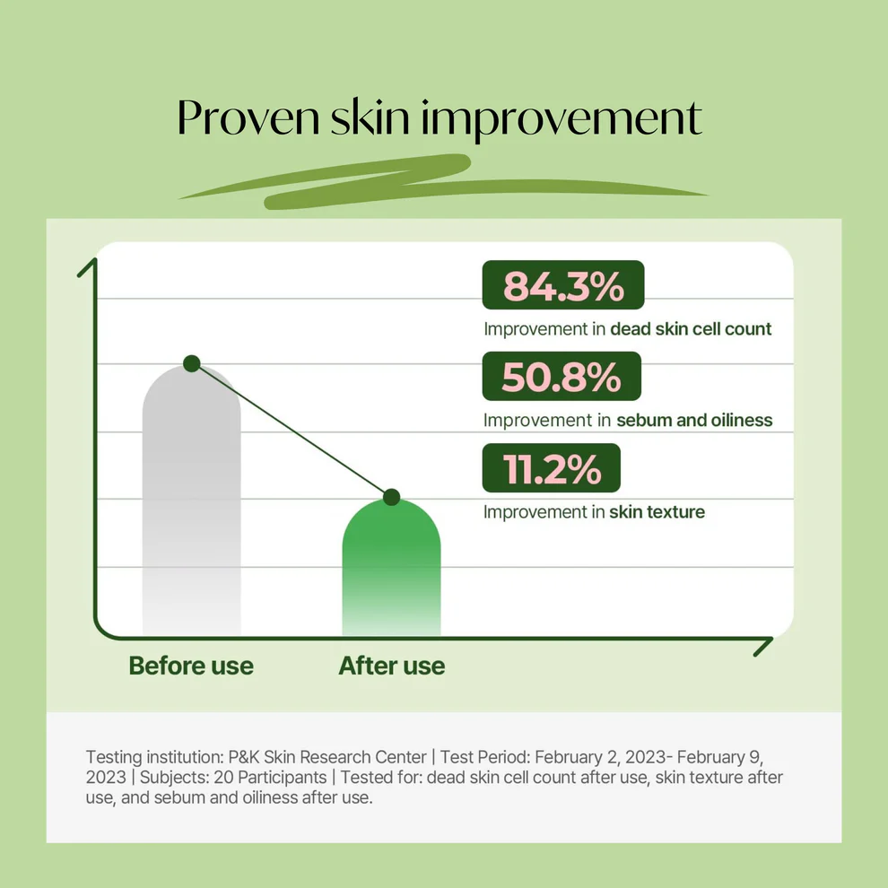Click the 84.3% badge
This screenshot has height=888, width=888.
563,285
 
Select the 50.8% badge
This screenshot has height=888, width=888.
562,376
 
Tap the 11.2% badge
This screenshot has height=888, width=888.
552,468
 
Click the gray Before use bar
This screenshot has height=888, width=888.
191,501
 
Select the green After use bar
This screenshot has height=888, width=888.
391,568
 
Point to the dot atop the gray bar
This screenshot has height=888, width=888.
192,363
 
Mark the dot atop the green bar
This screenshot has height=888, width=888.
391,497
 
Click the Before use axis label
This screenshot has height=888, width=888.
191,666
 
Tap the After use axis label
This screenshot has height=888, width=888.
392,666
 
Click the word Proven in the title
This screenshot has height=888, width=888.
248,118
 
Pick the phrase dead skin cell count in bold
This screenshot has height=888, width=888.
691,329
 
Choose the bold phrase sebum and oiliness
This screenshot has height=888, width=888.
694,420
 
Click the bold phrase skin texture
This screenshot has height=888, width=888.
657,512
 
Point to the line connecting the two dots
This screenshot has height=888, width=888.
292,431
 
